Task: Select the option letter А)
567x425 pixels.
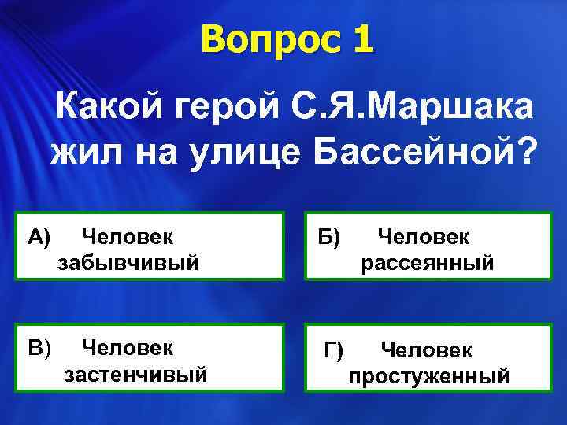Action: point(39,235)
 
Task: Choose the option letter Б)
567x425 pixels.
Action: point(329,235)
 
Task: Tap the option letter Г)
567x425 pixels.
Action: point(334,347)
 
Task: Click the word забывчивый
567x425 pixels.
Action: point(127,261)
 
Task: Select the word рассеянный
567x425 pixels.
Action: point(428,262)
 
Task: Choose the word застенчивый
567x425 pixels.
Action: point(135,372)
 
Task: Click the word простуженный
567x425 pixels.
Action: point(429,375)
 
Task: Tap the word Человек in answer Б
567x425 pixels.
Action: point(424,235)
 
